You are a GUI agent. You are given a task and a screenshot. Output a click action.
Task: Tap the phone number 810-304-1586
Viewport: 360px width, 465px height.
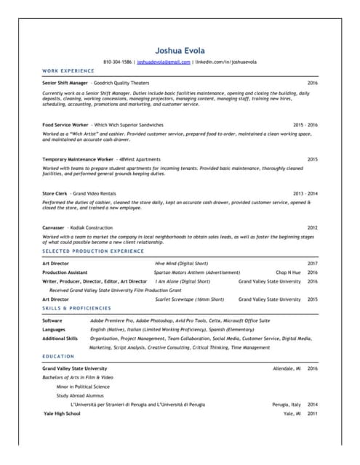(118, 62)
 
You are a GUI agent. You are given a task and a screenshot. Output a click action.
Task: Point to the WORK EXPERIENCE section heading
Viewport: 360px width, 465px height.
(68, 70)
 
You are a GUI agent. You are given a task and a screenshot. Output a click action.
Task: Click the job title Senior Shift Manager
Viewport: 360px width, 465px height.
(65, 84)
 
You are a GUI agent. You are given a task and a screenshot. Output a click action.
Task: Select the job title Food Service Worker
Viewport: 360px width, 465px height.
(65, 125)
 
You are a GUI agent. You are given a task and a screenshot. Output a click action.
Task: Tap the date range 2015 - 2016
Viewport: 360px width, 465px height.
(305, 125)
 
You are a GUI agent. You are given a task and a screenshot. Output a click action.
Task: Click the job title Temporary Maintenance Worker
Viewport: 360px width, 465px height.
(78, 159)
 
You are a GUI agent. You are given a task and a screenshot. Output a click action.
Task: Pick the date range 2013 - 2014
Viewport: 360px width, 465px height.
(305, 193)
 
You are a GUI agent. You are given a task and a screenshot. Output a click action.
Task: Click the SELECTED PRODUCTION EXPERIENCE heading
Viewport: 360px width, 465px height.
(93, 251)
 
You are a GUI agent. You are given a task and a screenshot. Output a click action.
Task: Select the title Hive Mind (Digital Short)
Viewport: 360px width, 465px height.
(181, 263)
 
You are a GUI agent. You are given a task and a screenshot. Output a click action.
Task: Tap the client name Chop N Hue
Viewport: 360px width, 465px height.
(288, 272)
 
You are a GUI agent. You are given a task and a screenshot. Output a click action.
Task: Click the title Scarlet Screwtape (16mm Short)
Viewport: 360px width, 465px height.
(190, 299)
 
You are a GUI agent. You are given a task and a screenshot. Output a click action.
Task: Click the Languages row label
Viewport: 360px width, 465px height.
(55, 329)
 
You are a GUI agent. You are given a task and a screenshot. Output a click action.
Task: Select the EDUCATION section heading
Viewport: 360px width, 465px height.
(58, 356)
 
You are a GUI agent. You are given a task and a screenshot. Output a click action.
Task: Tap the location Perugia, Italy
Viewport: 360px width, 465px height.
(287, 404)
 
